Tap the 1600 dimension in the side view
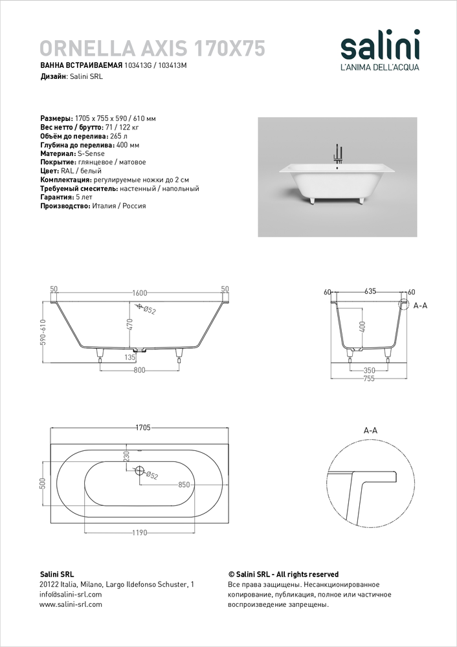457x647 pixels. point(140,292)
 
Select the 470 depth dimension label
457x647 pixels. point(129,323)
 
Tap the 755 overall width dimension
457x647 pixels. point(370,380)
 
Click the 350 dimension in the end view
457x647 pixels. point(370,371)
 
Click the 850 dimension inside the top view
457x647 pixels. point(184,484)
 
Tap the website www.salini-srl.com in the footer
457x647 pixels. point(71,604)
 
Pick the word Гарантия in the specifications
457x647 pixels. point(56,197)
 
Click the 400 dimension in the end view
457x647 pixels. point(362,327)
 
